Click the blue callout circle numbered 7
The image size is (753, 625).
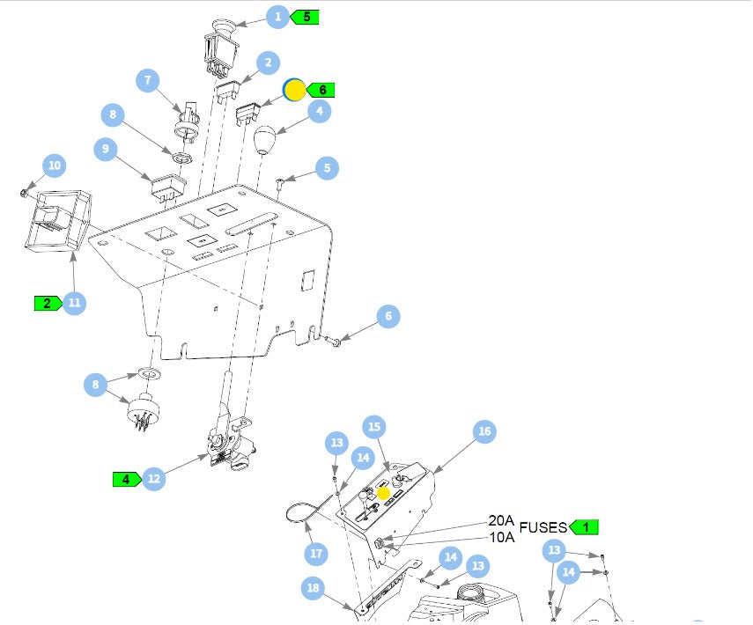tap(148, 80)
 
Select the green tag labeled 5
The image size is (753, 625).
tap(305, 17)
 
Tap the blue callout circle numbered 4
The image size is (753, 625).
tap(318, 111)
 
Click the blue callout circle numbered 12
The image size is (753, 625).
tap(154, 479)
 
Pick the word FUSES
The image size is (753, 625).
tap(543, 527)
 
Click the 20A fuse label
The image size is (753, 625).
tap(501, 521)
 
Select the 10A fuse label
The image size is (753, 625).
tap(501, 537)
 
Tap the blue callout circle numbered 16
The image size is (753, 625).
tap(484, 431)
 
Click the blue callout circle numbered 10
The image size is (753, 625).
tap(55, 165)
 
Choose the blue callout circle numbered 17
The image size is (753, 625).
tap(317, 554)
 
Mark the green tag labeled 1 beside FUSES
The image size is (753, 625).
tap(584, 527)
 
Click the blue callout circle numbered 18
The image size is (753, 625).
tap(313, 589)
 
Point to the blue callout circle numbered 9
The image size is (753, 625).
tap(106, 149)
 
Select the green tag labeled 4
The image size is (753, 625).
tap(127, 479)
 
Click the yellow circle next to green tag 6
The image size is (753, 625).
tap(293, 90)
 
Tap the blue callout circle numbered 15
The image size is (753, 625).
tap(374, 427)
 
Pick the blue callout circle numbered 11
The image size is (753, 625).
tap(74, 303)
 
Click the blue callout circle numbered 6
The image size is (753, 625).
tap(388, 316)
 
